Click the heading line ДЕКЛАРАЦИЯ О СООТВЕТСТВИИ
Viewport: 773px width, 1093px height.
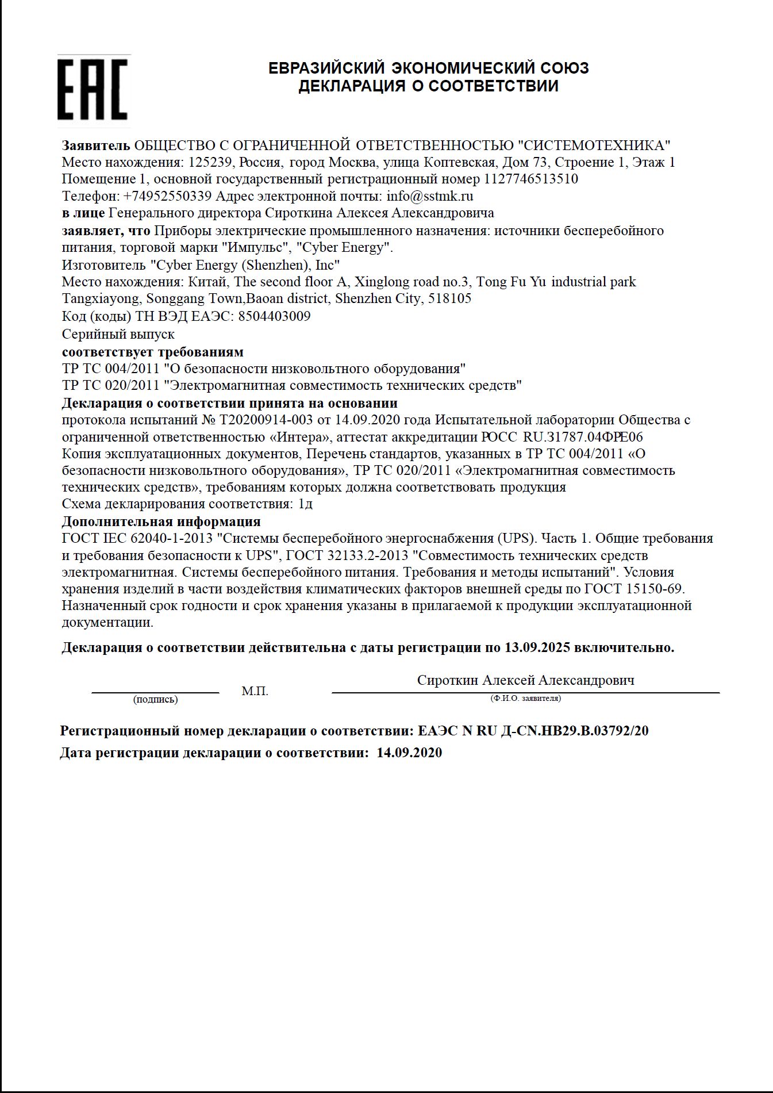click(428, 86)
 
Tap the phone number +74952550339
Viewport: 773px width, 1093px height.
click(167, 196)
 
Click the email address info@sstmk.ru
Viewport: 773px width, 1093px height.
click(430, 196)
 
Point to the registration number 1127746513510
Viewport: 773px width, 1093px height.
click(531, 179)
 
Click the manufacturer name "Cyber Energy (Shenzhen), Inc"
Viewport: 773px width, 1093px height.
click(245, 265)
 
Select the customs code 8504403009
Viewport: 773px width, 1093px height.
click(274, 316)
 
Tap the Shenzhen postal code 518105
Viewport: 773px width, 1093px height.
click(449, 298)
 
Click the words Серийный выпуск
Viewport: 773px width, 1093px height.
click(118, 334)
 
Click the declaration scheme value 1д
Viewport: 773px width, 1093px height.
click(305, 504)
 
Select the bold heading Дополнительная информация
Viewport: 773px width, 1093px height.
click(161, 521)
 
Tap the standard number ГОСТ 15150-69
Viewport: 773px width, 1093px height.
click(634, 589)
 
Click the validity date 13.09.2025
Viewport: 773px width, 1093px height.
click(537, 647)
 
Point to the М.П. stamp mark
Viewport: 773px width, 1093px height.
click(255, 691)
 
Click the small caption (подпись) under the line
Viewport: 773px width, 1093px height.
click(155, 700)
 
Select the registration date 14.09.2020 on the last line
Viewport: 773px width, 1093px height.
click(409, 753)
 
